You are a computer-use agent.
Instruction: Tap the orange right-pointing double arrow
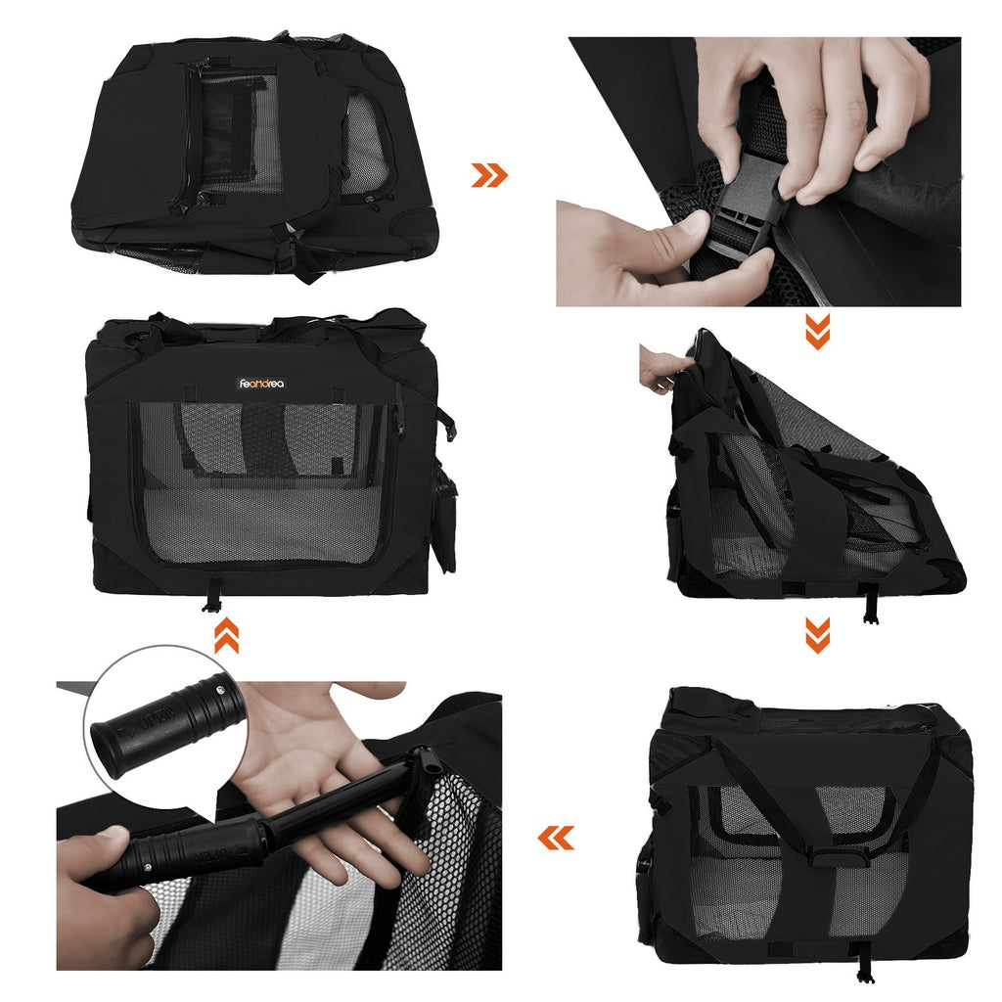click(x=489, y=175)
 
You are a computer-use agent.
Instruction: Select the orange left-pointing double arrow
click(x=556, y=838)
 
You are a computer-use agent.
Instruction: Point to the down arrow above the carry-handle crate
click(x=817, y=635)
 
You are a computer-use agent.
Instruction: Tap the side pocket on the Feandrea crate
click(x=445, y=519)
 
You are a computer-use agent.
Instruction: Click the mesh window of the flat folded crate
click(x=240, y=132)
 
